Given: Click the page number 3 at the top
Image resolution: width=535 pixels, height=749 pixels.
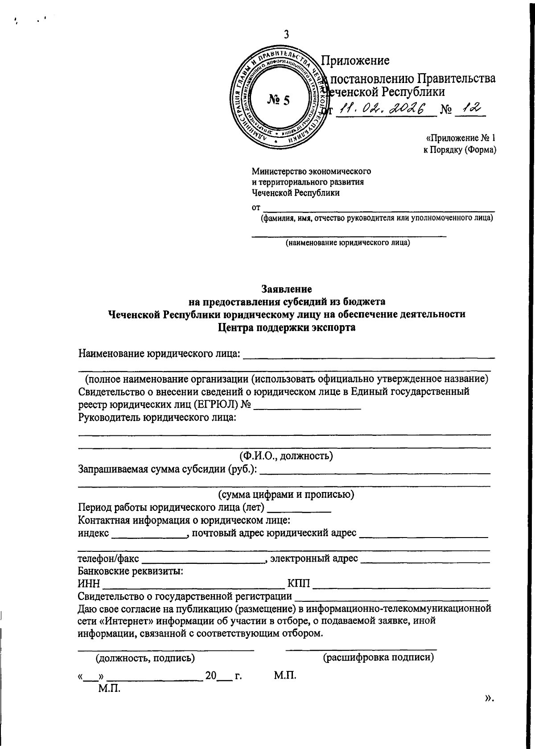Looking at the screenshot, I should [x=287, y=34].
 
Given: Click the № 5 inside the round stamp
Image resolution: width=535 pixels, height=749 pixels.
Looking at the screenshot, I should [x=279, y=100].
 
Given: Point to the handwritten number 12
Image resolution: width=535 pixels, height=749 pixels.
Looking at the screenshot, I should [x=470, y=107].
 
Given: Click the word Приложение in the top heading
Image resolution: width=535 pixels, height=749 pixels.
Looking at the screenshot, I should [x=356, y=60].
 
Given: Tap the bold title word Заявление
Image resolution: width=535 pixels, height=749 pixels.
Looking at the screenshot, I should [x=286, y=289].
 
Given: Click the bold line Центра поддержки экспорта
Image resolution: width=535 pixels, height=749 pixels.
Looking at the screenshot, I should [x=287, y=328].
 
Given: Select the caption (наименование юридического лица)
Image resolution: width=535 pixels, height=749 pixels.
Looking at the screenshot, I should [x=348, y=243].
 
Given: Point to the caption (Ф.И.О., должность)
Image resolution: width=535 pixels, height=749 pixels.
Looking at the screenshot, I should [x=286, y=456].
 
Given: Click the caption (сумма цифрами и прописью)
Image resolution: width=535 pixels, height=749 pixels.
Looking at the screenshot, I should [x=286, y=495].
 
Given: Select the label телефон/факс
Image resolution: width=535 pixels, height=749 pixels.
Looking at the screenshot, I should [x=108, y=559].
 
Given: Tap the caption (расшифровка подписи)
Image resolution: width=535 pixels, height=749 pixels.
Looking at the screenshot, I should [x=379, y=657].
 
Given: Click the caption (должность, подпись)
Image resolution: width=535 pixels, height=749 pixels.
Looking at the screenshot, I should [x=145, y=658].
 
